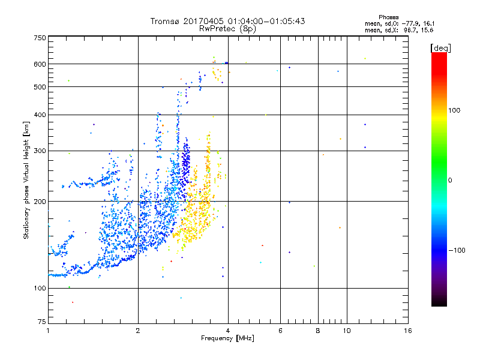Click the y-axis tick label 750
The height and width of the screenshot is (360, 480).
tap(40, 38)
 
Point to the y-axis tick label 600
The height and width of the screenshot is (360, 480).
tap(40, 64)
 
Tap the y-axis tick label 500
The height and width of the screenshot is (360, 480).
tap(40, 87)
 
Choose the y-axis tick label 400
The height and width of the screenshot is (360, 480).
tap(40, 115)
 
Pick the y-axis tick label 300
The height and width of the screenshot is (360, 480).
tap(40, 151)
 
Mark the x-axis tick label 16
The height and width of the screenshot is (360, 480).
tap(407, 331)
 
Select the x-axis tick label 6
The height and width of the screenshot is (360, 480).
tap(280, 331)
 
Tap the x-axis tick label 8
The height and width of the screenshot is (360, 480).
tap(318, 331)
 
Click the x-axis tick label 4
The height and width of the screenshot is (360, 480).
tap(228, 331)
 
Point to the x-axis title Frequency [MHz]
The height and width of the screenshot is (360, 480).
tap(227, 339)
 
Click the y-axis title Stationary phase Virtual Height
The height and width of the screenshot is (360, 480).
tap(26, 180)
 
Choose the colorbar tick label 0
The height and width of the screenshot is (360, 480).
tap(450, 180)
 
